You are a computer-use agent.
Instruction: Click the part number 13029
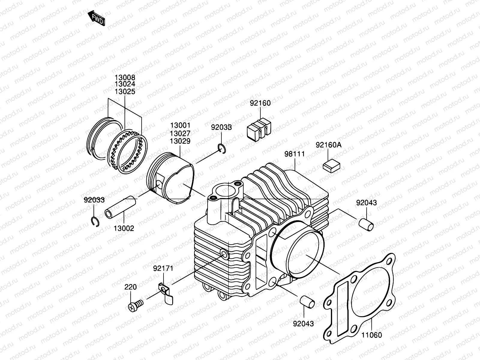tap(180, 141)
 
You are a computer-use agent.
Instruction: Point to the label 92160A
tap(328, 145)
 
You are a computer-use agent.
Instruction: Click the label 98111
tap(295, 154)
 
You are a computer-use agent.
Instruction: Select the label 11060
tap(371, 335)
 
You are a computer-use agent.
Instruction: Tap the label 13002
tap(124, 228)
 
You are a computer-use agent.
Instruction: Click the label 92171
tap(163, 268)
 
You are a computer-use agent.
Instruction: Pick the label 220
tap(131, 287)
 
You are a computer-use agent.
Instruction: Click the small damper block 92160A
tap(331, 166)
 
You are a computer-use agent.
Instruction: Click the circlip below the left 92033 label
tap(95, 221)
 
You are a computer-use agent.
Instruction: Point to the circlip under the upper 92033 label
tap(222, 148)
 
